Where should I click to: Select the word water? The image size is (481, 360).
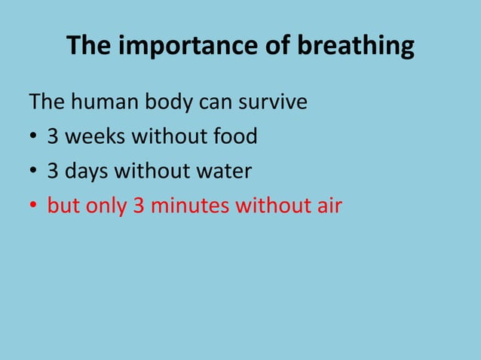pyautogui.click(x=224, y=171)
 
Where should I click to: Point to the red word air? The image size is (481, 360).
pyautogui.click(x=328, y=206)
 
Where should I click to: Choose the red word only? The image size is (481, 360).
pyautogui.click(x=106, y=206)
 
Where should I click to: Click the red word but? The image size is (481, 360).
pyautogui.click(x=63, y=206)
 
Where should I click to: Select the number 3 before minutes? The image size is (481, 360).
pyautogui.click(x=139, y=206)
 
